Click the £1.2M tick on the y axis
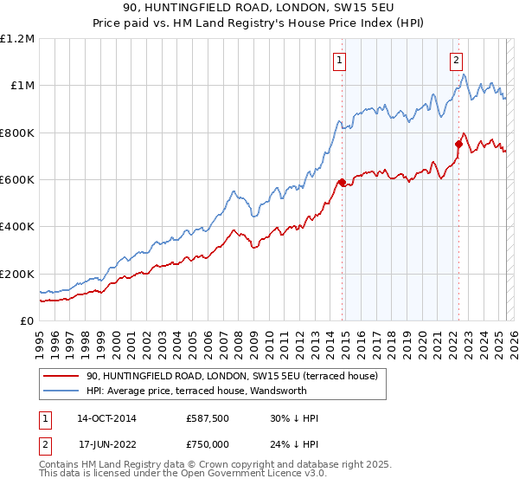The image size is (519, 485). pos(17,39)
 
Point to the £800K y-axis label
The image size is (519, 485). pos(17,133)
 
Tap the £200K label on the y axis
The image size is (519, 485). pos(17,274)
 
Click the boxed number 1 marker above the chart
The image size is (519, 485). pos(341,61)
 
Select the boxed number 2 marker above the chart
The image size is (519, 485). pos(456,61)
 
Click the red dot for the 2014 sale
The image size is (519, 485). pos(342,182)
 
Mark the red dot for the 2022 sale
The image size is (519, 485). pos(458,144)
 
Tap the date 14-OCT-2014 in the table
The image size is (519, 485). pos(106,418)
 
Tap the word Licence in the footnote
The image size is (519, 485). pos(254,475)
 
